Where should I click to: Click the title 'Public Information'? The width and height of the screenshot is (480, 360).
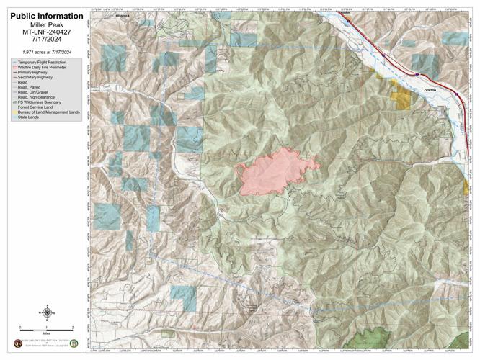[x=43, y=15]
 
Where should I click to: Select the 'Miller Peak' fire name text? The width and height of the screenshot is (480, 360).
[x=43, y=24]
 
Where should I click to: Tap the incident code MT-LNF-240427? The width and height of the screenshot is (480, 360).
[x=43, y=33]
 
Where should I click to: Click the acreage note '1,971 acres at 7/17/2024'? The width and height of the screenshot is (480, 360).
[x=43, y=53]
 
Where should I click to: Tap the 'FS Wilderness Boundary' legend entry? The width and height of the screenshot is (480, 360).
[x=42, y=102]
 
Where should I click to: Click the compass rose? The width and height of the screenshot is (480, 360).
[x=47, y=312]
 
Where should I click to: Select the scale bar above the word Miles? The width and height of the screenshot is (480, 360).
[x=47, y=328]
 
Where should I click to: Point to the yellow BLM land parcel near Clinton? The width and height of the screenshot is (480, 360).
[x=399, y=97]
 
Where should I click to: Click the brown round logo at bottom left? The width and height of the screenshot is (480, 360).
[x=17, y=343]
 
